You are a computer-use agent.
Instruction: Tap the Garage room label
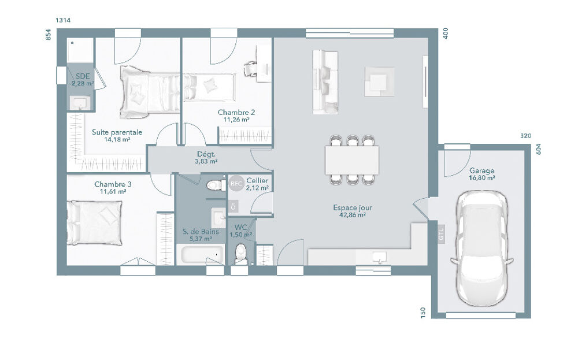481,171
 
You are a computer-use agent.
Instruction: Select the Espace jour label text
353,207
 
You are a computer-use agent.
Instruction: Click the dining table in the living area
352,159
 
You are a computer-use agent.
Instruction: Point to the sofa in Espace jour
325,81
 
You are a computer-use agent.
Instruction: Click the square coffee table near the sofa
380,81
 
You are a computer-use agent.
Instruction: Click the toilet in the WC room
241,253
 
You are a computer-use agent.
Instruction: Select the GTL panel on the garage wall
441,234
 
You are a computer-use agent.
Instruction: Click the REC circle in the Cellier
236,184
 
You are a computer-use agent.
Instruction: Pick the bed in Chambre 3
94,222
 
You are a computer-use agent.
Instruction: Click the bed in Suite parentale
149,91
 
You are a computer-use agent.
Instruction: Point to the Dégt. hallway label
206,154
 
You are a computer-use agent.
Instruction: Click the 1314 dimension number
63,20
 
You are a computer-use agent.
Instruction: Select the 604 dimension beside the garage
539,149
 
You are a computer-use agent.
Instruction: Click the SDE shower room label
81,76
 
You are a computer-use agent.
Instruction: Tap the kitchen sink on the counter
380,256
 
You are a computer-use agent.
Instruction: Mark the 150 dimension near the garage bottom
423,312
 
